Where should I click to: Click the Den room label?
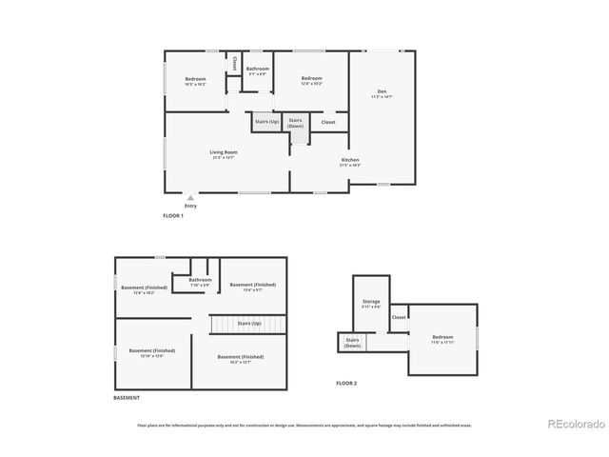pos(381,92)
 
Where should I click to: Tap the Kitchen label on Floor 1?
pos(350,160)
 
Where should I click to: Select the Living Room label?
pos(224,152)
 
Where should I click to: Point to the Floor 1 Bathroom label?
pos(258,69)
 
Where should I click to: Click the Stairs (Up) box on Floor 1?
pos(266,122)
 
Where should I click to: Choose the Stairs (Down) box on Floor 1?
pos(296,123)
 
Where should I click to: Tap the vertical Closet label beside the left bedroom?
pos(235,64)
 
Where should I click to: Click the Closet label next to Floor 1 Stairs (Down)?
pos(328,122)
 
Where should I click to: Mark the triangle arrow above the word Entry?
pos(190,197)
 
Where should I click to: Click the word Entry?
pos(190,206)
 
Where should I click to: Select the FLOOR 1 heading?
pos(172,217)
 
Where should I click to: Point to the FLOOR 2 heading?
pos(345,383)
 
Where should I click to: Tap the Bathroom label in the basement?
pos(200,280)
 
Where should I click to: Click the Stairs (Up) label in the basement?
pos(249,324)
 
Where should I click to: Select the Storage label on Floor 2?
pos(371,302)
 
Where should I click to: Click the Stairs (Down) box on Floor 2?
pos(352,343)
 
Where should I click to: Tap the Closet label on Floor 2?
pos(399,317)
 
